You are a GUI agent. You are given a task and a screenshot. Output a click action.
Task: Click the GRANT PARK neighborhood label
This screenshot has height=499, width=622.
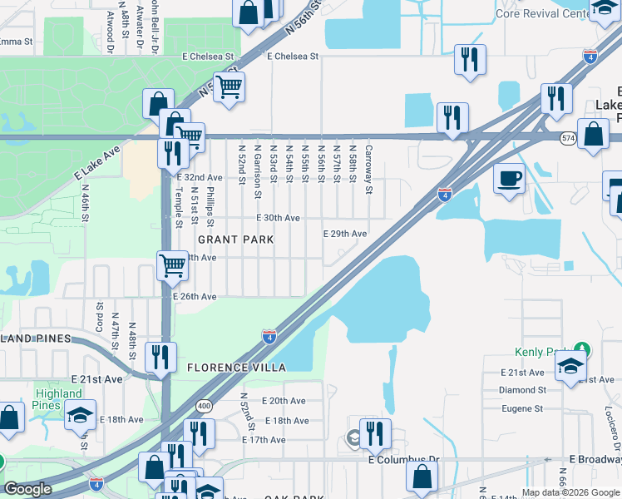(224, 240)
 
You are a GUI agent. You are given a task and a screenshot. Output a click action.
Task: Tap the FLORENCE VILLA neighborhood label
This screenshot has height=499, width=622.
(236, 367)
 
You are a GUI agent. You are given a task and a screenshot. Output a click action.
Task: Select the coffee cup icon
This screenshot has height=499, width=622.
(509, 177)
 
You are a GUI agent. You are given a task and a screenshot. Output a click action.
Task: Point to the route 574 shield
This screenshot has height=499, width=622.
(568, 138)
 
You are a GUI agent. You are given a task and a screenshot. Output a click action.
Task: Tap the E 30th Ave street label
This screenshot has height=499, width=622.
(278, 217)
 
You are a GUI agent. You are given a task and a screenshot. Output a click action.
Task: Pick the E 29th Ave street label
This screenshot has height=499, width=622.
(345, 234)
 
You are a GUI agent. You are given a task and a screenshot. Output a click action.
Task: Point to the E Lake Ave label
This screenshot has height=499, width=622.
(97, 162)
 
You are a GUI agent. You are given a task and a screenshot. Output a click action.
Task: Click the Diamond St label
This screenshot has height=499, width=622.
(521, 389)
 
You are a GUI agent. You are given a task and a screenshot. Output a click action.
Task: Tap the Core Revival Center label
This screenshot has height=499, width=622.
(541, 13)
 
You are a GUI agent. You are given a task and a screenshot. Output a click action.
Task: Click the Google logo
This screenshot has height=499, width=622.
(28, 489)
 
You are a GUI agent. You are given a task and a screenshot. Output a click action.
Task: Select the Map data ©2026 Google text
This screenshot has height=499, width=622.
(570, 492)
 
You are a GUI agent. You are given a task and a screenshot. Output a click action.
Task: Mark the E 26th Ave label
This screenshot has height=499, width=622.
(195, 297)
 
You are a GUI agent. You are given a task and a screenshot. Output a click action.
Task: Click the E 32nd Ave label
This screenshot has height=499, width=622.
(200, 177)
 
